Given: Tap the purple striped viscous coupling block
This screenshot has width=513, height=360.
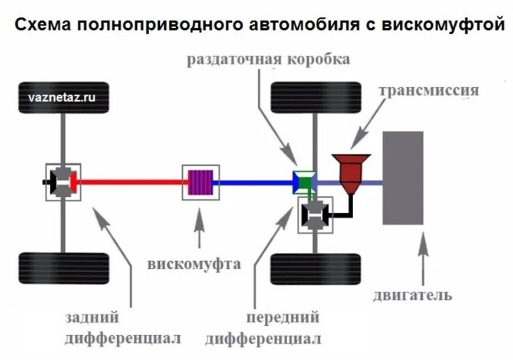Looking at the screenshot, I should coord(200,181).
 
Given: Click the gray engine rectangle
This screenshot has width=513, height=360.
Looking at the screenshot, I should coord(403,177).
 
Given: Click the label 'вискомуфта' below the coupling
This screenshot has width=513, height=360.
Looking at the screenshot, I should coord(194,263).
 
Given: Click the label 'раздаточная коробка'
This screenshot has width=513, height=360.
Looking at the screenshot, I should coord(268,60).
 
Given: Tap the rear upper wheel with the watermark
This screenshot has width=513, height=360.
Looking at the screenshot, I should coord(64,98).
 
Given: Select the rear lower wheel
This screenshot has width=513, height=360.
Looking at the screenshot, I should coord(64,269).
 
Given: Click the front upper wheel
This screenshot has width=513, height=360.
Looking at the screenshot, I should coord(315,98).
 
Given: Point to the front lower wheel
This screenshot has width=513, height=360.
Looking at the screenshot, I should coord(315,269).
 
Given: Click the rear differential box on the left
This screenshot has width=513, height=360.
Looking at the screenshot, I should coord(63,182).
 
